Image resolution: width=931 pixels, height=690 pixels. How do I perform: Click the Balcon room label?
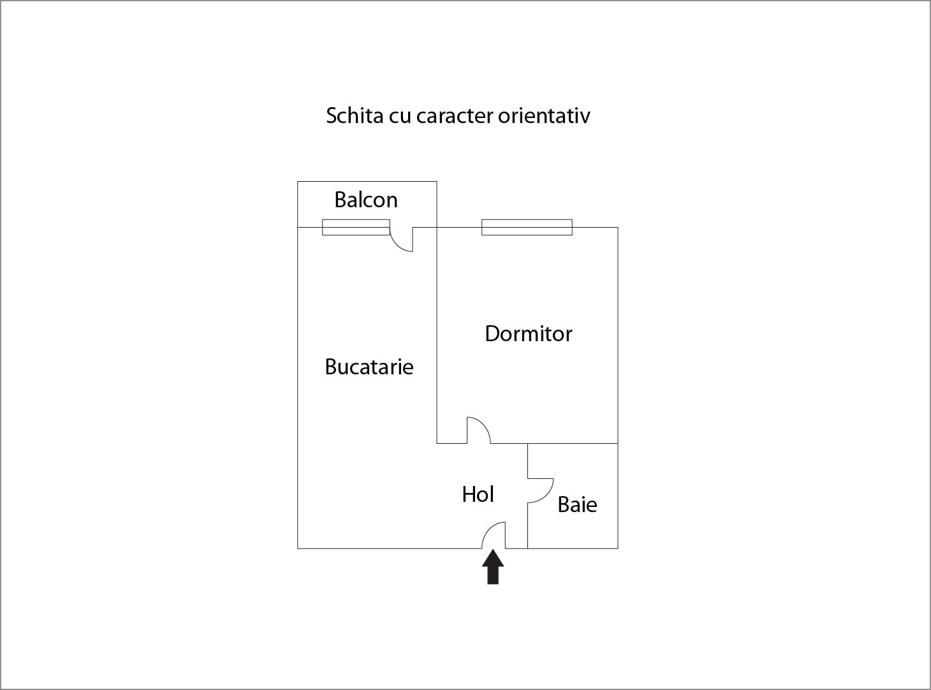pos(365,200)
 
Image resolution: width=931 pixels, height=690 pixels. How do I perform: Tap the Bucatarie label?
pos(369,367)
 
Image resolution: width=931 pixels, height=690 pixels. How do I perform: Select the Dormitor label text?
pos(528,334)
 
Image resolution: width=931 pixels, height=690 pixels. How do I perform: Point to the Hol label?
pos(478,494)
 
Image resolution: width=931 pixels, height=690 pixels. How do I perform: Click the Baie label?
pos(577,504)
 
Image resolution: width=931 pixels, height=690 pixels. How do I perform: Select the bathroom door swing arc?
pos(546,496)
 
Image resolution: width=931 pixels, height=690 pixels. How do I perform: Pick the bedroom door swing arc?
pos(483,424)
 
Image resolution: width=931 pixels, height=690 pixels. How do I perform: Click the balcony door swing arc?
pos(397,245)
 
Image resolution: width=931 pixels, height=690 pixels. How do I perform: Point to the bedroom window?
pos(527,227)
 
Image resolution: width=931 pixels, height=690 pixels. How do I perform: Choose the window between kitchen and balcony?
pos(356,227)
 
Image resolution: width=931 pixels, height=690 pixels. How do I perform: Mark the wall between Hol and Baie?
pos(527,496)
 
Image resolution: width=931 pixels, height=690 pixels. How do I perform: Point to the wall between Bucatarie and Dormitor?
pos(437,335)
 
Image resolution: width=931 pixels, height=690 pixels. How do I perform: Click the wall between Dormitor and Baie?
pos(573,443)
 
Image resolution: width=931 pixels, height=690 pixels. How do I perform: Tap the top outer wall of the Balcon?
pos(367,181)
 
